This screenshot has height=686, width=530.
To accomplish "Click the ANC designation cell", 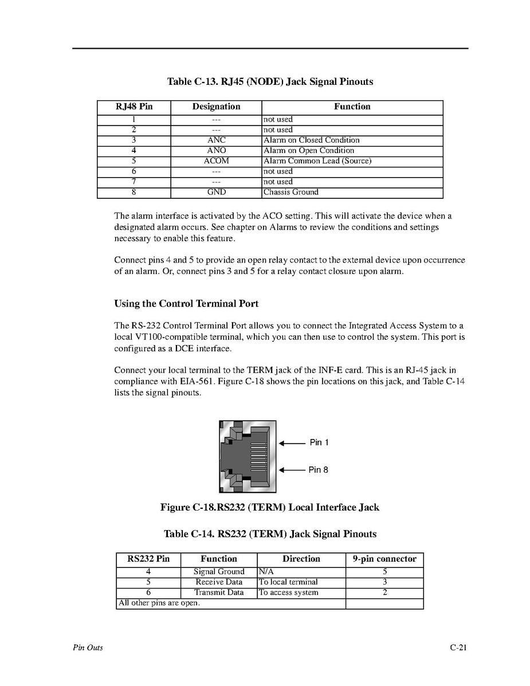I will (x=217, y=140).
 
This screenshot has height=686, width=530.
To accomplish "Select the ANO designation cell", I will (x=217, y=151).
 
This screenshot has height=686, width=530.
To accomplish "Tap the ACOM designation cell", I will (x=217, y=161).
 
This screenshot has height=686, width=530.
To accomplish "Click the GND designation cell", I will (x=217, y=193).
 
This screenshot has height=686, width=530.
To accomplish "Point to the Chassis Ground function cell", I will (x=290, y=193).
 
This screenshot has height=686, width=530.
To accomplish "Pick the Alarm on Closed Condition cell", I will (x=311, y=140).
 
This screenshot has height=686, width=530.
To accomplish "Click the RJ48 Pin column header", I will (x=134, y=107).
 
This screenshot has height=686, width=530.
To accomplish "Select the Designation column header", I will (x=217, y=107).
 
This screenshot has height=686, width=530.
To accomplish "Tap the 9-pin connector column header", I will (x=384, y=559).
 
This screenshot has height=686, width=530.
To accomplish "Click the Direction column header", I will (x=301, y=559).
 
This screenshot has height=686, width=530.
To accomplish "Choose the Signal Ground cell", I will (x=219, y=572).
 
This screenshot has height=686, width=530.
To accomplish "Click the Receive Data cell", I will (x=219, y=582).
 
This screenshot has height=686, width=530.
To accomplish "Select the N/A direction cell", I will (x=266, y=572).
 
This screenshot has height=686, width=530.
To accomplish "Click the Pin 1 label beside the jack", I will (x=319, y=442).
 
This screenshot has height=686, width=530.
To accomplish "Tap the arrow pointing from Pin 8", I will (x=292, y=470).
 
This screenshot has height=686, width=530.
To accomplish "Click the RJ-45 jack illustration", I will (x=248, y=456).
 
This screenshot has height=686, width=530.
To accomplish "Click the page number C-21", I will (x=458, y=648).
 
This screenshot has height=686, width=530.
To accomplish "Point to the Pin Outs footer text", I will (x=88, y=648).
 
